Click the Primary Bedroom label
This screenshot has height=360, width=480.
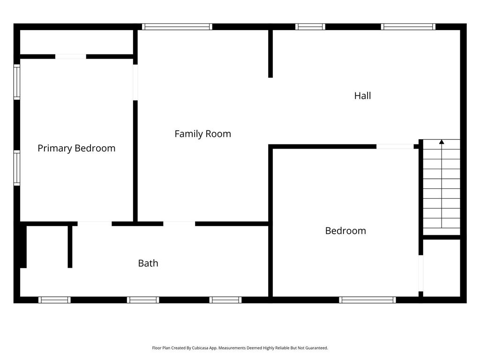(76, 149)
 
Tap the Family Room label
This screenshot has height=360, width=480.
(202, 134)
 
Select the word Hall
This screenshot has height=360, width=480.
(362, 96)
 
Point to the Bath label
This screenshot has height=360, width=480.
(148, 263)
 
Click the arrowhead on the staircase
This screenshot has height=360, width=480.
(442, 142)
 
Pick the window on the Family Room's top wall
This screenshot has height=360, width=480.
(177, 27)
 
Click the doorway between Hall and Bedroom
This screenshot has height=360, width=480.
(395, 147)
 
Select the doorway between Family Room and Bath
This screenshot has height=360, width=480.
(179, 224)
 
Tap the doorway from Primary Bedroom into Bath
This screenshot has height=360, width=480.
(95, 224)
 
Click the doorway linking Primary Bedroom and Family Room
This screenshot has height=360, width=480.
(135, 82)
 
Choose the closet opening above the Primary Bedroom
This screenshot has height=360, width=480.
(71, 57)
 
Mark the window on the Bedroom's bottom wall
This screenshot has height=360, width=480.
(367, 300)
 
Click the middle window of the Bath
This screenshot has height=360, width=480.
(143, 300)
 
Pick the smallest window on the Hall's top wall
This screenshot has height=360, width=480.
(310, 27)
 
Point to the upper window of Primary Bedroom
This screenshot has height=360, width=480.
(17, 82)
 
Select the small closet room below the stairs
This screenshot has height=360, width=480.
(442, 268)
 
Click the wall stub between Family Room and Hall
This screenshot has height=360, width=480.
(270, 54)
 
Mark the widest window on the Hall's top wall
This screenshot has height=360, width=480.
(408, 27)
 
